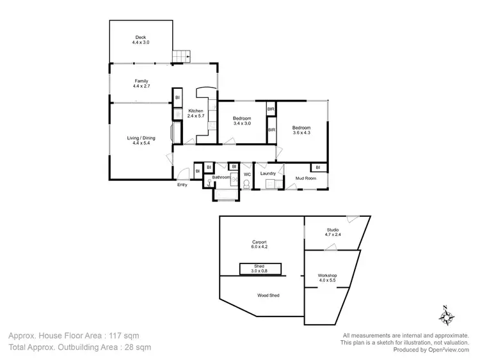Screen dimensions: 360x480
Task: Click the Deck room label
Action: click(x=141, y=40)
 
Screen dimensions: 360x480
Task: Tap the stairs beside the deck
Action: click(x=182, y=57)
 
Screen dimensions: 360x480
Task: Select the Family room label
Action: click(x=141, y=83)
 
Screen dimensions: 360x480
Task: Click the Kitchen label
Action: click(x=195, y=114)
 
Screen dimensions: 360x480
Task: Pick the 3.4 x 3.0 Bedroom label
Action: click(x=241, y=121)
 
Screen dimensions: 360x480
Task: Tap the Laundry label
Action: click(x=268, y=173)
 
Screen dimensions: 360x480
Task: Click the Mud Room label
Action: click(x=305, y=178)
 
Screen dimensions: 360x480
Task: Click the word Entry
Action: click(x=183, y=185)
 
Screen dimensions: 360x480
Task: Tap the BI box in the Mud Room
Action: click(x=317, y=168)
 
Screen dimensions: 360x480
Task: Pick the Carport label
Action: click(x=259, y=244)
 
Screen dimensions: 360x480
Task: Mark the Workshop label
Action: click(x=327, y=278)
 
